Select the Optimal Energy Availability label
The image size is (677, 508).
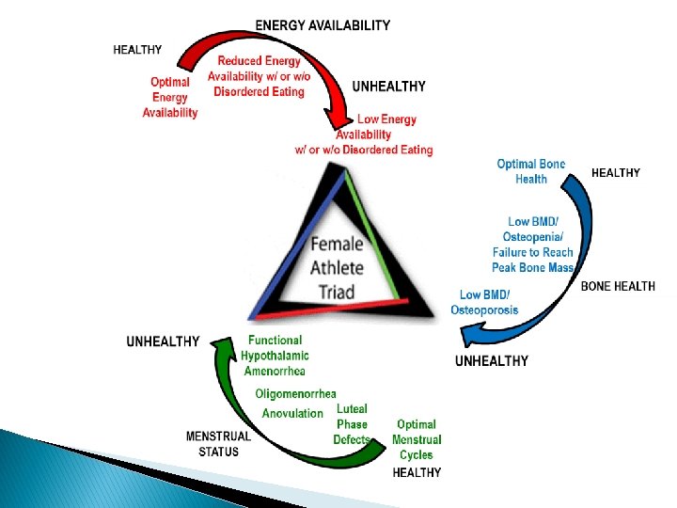170,97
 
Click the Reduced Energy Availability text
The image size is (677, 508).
260,76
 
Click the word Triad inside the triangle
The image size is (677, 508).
337,291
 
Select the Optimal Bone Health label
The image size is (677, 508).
531,171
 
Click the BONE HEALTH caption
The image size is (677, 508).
619,286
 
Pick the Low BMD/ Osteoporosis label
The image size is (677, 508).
484,303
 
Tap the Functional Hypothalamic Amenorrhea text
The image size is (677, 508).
275,356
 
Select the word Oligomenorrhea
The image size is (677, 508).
296,393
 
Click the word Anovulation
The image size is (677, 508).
292,413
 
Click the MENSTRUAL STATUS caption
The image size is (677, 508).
218,443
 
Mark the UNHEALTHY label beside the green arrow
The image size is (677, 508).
163,341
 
